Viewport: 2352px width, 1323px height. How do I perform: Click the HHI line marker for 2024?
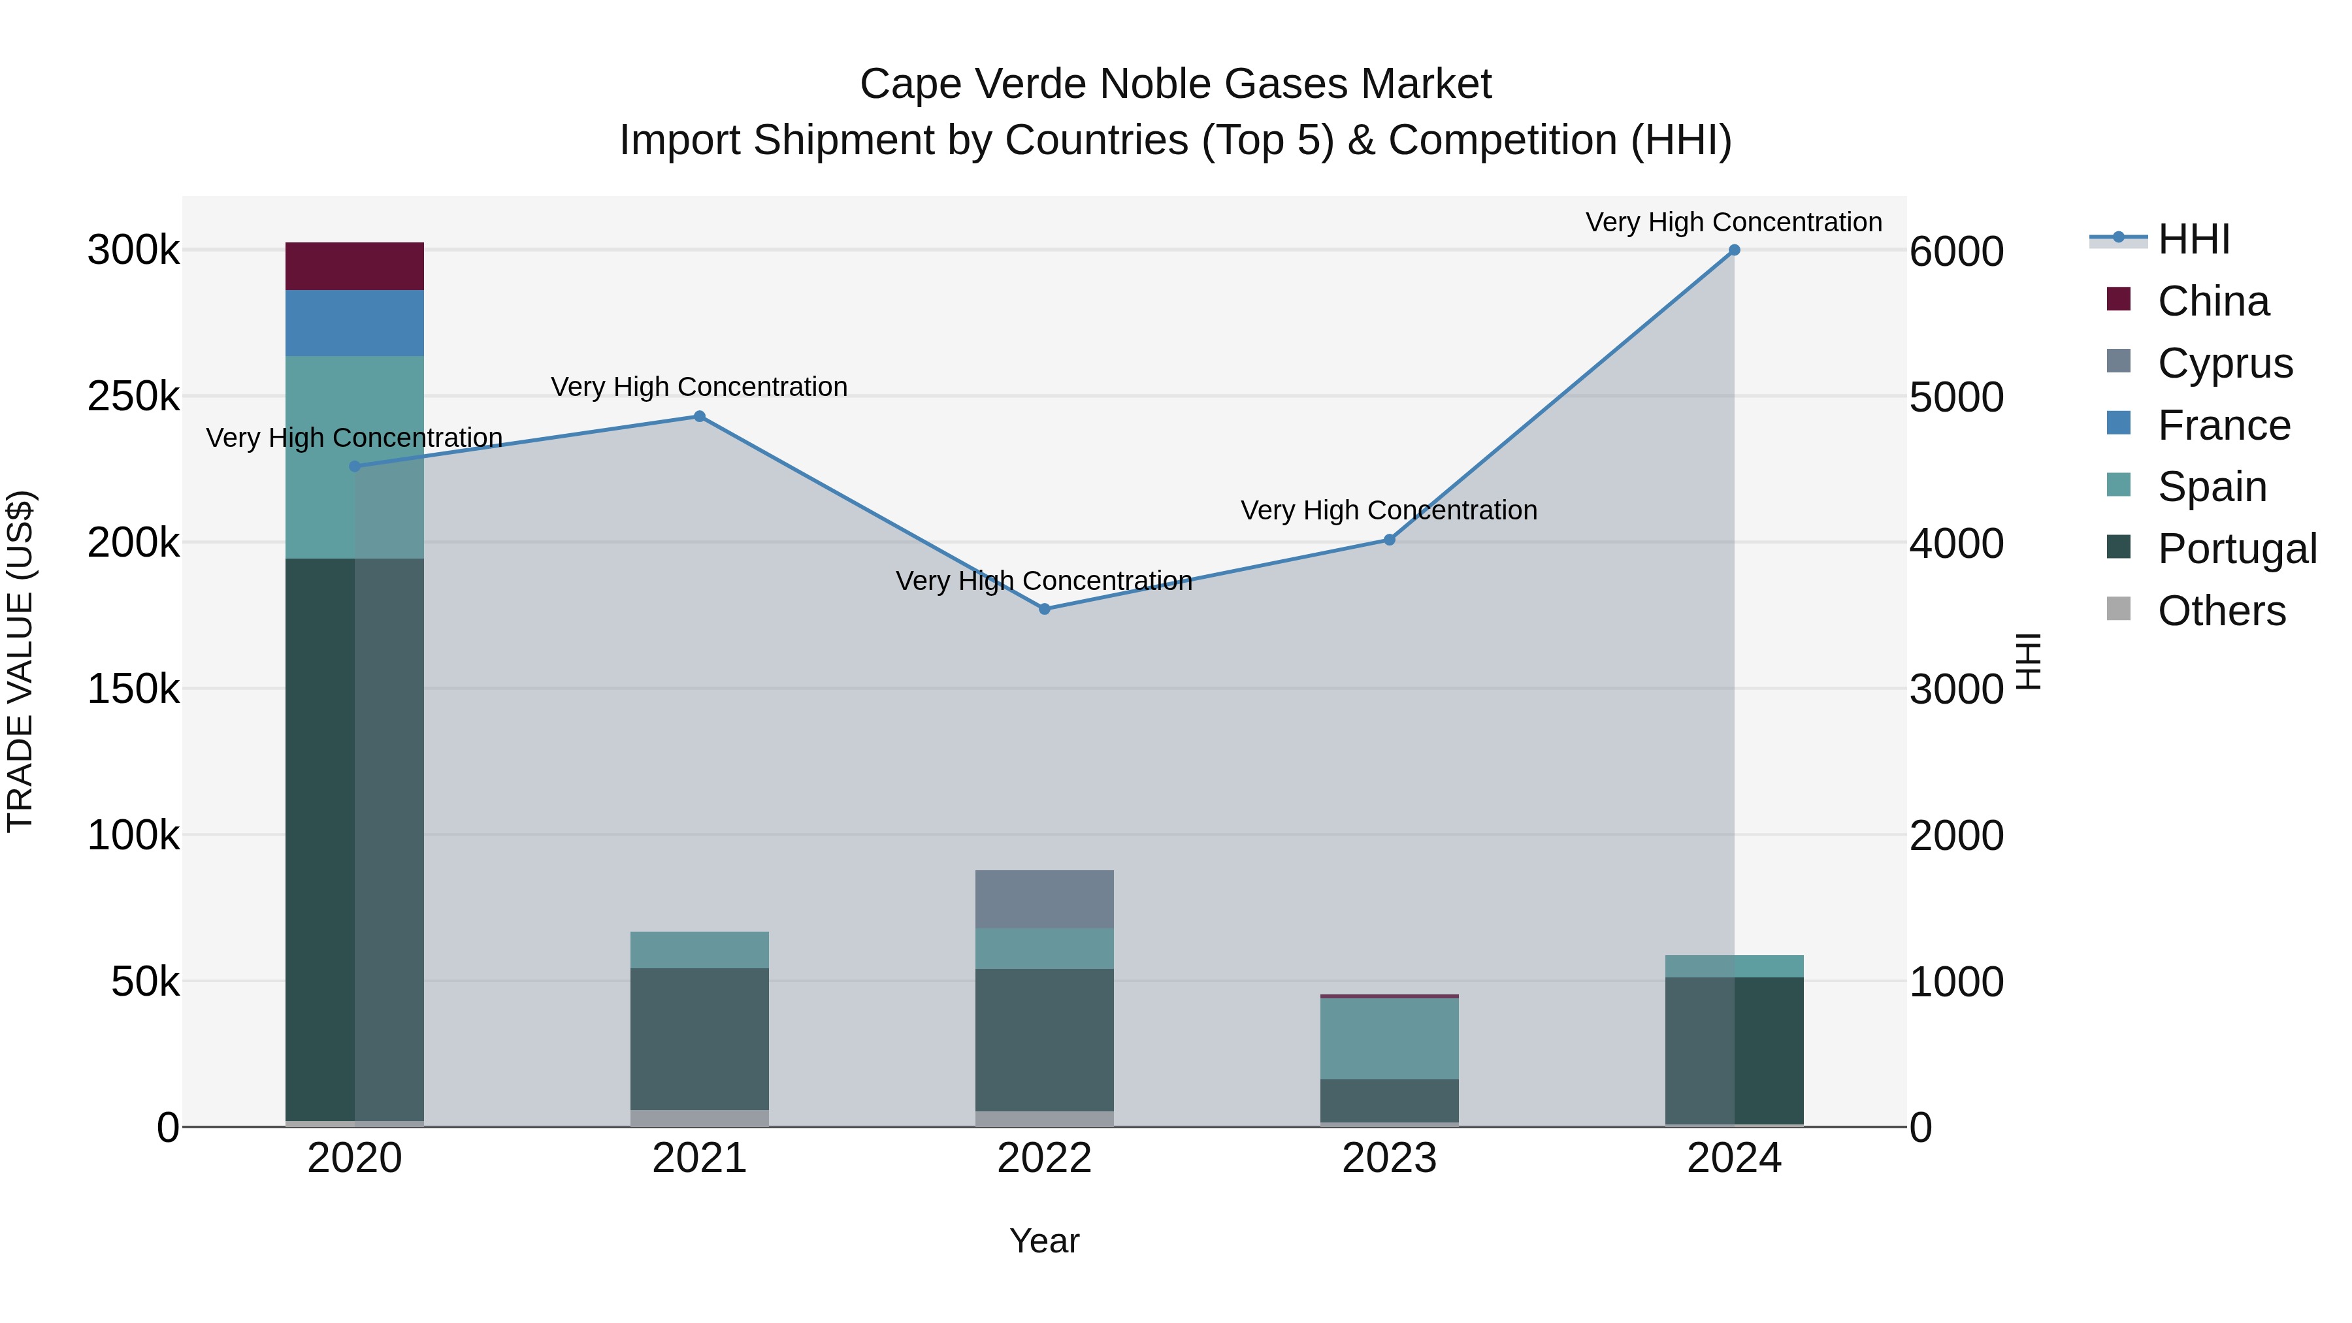[1734, 250]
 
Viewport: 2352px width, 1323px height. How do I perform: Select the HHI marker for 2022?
[1045, 609]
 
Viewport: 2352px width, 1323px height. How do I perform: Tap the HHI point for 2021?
[699, 416]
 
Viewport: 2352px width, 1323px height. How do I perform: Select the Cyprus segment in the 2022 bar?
[1045, 900]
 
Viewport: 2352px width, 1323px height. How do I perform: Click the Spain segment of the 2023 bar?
[1389, 1039]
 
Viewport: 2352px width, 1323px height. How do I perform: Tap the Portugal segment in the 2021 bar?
[699, 1039]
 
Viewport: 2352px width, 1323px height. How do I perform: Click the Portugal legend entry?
[2236, 549]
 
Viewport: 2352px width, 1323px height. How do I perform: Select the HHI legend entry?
[2193, 239]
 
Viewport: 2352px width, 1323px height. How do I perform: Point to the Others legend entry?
[2221, 611]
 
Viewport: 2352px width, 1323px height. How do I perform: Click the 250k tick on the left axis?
[133, 397]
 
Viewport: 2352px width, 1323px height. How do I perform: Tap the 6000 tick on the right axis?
[1955, 252]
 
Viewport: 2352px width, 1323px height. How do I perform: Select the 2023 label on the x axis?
[1389, 1158]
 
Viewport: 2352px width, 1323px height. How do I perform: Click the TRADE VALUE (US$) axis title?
[21, 662]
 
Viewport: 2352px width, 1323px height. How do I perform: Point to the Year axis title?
[1045, 1241]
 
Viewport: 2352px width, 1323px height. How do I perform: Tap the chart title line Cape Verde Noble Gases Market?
[1175, 84]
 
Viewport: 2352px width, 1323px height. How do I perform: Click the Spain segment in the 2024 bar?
[1734, 966]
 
